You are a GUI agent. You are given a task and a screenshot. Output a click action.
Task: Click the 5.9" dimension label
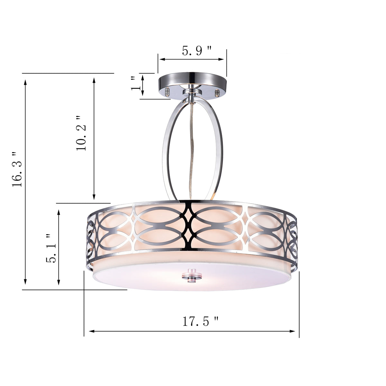(197, 51)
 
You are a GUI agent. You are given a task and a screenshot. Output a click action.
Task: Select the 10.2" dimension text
(81, 133)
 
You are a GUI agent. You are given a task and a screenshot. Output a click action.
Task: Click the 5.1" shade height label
(51, 248)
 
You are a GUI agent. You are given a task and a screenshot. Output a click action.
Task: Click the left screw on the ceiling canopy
(167, 92)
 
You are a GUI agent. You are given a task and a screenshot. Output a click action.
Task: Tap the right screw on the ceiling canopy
(217, 93)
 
